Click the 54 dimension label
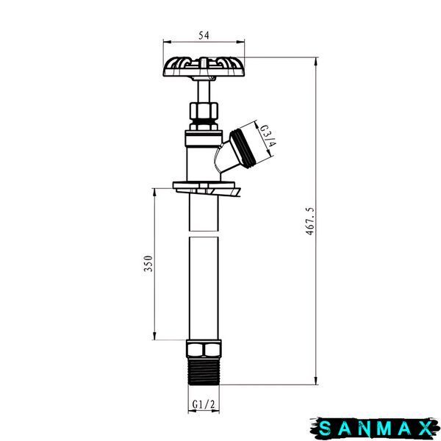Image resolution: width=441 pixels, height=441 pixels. click(x=204, y=35)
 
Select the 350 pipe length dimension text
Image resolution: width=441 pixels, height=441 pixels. click(x=148, y=264)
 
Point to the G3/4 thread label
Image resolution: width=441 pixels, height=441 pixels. click(x=268, y=136)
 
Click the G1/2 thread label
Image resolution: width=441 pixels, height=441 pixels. click(x=204, y=404)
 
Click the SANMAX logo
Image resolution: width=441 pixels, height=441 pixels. click(x=375, y=429)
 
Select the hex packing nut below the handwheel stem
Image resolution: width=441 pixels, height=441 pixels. click(x=204, y=111)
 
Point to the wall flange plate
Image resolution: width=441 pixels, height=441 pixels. click(x=207, y=188)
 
